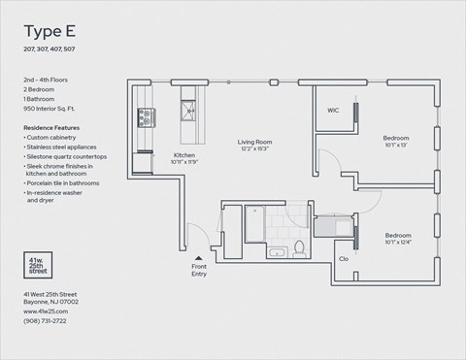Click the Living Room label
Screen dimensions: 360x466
[255, 143]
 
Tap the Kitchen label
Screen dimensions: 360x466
[185, 154]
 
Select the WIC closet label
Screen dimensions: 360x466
[333, 110]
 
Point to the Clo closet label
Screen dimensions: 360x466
[344, 258]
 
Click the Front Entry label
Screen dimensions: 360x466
[200, 270]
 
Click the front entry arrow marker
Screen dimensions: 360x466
[199, 255]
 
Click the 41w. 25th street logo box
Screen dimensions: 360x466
[40, 266]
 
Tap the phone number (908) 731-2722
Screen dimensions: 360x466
[47, 319]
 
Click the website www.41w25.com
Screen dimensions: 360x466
[45, 311]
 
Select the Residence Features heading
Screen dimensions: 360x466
[53, 127]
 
